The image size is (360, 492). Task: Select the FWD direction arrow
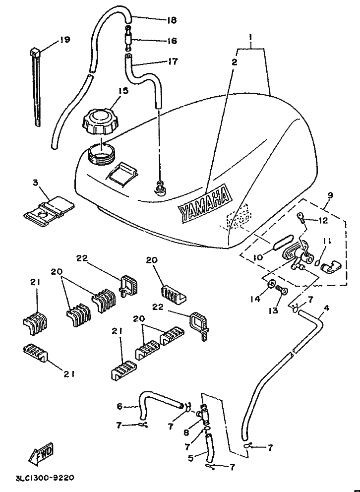pos(42,454)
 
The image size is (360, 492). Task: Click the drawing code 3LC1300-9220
pos(45,478)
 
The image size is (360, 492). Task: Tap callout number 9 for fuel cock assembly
pos(330,195)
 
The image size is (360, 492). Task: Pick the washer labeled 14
pos(270,284)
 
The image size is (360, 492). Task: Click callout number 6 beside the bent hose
pos(120,406)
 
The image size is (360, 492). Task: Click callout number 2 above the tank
pos(235,62)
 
